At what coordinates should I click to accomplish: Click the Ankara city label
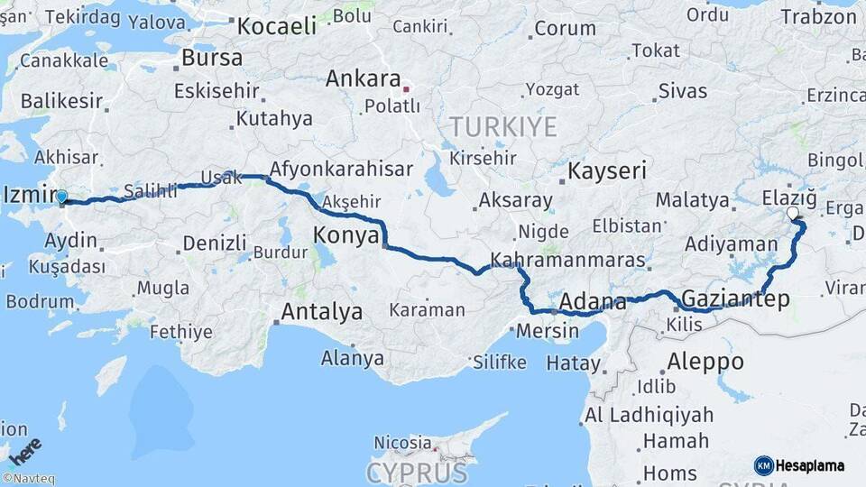point(363,78)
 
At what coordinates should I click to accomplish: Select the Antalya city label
point(322,312)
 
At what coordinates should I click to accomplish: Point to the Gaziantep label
point(736,299)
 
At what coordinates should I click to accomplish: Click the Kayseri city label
point(607,170)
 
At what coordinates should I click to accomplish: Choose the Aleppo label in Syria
point(705,362)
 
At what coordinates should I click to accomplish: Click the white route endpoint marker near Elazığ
point(792,213)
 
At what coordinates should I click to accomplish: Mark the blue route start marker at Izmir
point(61,197)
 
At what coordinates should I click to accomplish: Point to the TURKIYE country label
point(503,126)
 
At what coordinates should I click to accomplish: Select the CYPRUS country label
point(417,473)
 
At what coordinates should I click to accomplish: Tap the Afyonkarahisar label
point(341,169)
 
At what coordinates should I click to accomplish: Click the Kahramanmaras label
point(567,261)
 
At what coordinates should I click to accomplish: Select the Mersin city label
point(548,330)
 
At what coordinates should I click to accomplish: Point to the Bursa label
point(211,58)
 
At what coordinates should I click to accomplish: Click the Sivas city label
point(683,90)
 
